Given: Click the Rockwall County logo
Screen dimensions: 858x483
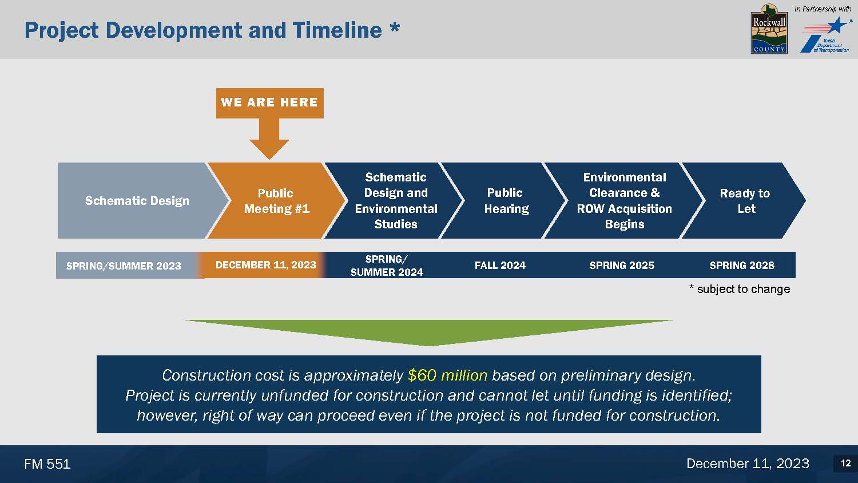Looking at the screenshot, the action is point(769,29).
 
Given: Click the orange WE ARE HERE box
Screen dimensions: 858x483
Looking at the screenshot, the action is point(269,103).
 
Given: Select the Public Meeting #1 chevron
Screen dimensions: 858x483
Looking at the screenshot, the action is point(276,200).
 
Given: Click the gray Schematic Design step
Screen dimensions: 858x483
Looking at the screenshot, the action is point(138,200).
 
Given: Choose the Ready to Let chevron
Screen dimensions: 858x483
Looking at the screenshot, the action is point(744,200).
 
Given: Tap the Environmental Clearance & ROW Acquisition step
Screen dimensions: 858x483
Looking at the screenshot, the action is point(625,200).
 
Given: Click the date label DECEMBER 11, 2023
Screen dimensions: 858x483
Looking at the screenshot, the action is point(265,265).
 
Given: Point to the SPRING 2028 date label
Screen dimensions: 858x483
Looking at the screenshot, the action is point(742,266).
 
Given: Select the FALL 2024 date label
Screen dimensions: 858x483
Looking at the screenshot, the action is point(500,266).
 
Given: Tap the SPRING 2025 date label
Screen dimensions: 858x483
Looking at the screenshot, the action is point(622,266).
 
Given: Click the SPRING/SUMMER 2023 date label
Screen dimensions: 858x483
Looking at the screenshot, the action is point(124,266).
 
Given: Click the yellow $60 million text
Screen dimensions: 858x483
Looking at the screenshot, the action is point(447,375).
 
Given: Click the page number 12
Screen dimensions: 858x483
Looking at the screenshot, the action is point(846,463).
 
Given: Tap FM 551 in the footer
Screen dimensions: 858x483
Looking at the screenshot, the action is point(47,464).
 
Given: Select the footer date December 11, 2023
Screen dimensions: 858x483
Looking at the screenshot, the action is point(748,464).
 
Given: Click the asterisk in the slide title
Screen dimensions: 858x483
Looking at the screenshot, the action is point(395,27).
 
